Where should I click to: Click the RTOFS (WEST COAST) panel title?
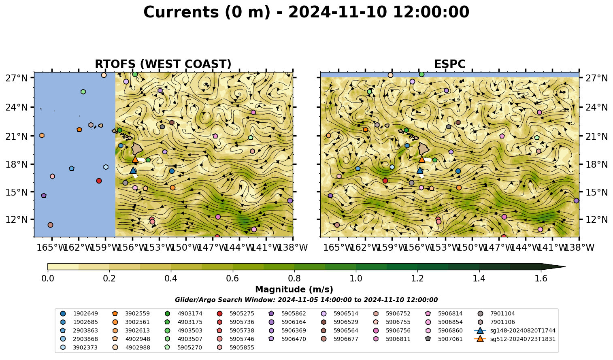(163, 64)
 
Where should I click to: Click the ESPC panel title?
(449, 64)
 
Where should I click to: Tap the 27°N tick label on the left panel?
(17, 78)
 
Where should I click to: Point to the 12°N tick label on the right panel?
(596, 219)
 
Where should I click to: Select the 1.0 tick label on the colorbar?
(356, 279)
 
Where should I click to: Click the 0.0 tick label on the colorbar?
(48, 279)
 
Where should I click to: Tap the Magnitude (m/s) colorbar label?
(294, 290)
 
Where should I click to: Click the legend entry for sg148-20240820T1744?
(515, 330)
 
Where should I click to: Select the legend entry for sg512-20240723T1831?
(515, 339)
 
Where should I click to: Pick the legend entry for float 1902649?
(79, 313)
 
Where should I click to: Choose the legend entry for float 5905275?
(235, 313)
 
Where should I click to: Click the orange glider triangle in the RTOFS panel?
(135, 159)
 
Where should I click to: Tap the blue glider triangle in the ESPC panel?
(420, 170)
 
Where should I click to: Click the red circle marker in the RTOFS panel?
(99, 181)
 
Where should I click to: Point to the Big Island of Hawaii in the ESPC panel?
(424, 149)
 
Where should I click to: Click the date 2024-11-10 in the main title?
(338, 12)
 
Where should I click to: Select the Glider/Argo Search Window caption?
(306, 300)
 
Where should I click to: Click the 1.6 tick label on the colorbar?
(541, 279)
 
